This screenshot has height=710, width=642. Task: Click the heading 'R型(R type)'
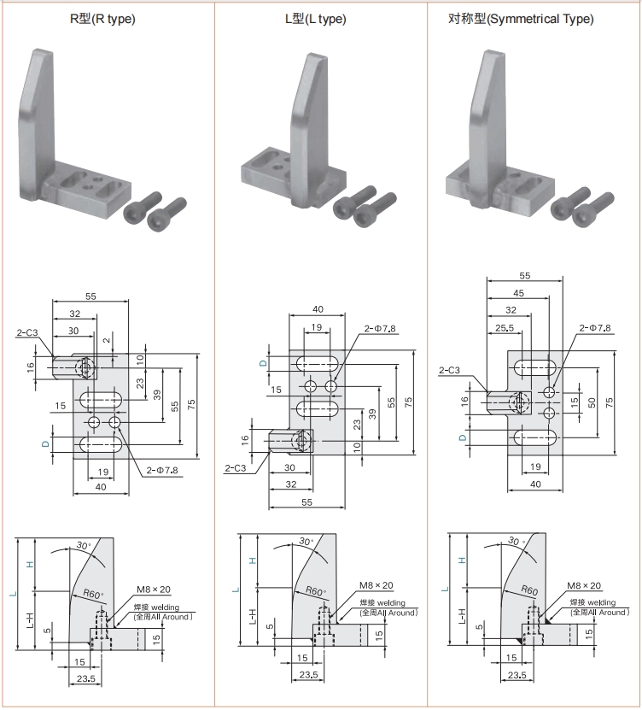tap(102, 19)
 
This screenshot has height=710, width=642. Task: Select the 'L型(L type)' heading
tap(315, 19)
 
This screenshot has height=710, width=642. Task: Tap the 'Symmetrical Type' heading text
tap(541, 19)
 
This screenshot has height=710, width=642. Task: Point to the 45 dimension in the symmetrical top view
tap(518, 293)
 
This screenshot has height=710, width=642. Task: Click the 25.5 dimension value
tap(505, 328)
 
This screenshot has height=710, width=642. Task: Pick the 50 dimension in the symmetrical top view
tap(592, 402)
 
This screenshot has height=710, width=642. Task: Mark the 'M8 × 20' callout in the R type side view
tap(154, 589)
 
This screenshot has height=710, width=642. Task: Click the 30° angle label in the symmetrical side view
tap(517, 541)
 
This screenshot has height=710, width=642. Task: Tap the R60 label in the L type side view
tap(315, 591)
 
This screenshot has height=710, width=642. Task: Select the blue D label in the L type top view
tap(263, 363)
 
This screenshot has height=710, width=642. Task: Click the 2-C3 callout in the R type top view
tap(27, 333)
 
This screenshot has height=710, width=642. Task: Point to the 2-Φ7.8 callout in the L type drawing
tap(380, 328)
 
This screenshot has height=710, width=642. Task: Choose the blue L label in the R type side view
tap(14, 594)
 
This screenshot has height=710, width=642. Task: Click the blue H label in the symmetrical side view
tap(462, 560)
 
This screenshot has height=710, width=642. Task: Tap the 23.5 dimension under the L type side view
tap(308, 675)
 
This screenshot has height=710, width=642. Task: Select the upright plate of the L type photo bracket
tap(309, 129)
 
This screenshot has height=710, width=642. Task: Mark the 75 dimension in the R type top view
tap(191, 404)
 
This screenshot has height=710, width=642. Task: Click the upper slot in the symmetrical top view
tap(534, 367)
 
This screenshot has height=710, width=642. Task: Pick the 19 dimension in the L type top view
tap(316, 327)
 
